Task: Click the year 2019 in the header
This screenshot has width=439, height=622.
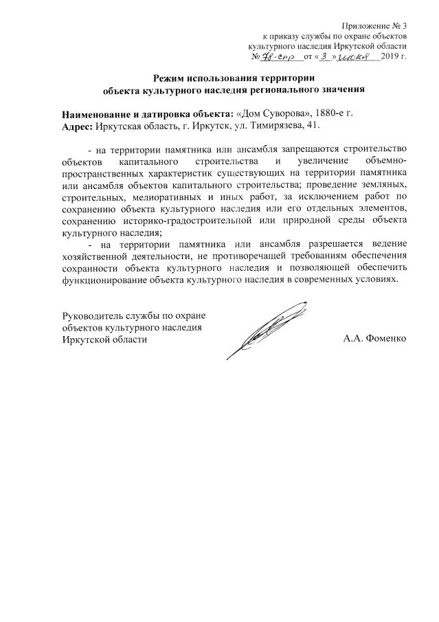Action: click(389, 56)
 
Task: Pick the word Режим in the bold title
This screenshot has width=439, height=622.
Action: click(172, 77)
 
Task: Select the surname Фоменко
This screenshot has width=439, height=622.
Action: click(385, 339)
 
